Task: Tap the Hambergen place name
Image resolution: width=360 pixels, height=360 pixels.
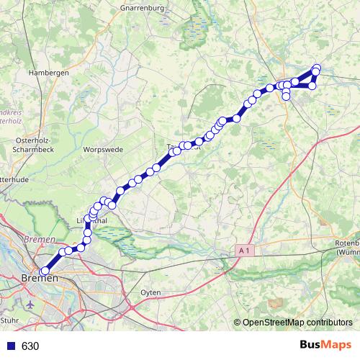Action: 48,73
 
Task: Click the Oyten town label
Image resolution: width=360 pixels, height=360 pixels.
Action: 150,292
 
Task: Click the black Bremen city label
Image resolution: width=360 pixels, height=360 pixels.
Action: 40,278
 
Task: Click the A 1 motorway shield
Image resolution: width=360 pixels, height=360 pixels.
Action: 244,251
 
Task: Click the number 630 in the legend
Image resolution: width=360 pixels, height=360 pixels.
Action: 30,346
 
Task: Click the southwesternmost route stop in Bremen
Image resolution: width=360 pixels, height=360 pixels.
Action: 45,271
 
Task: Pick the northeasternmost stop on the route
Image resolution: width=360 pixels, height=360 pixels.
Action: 317,68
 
